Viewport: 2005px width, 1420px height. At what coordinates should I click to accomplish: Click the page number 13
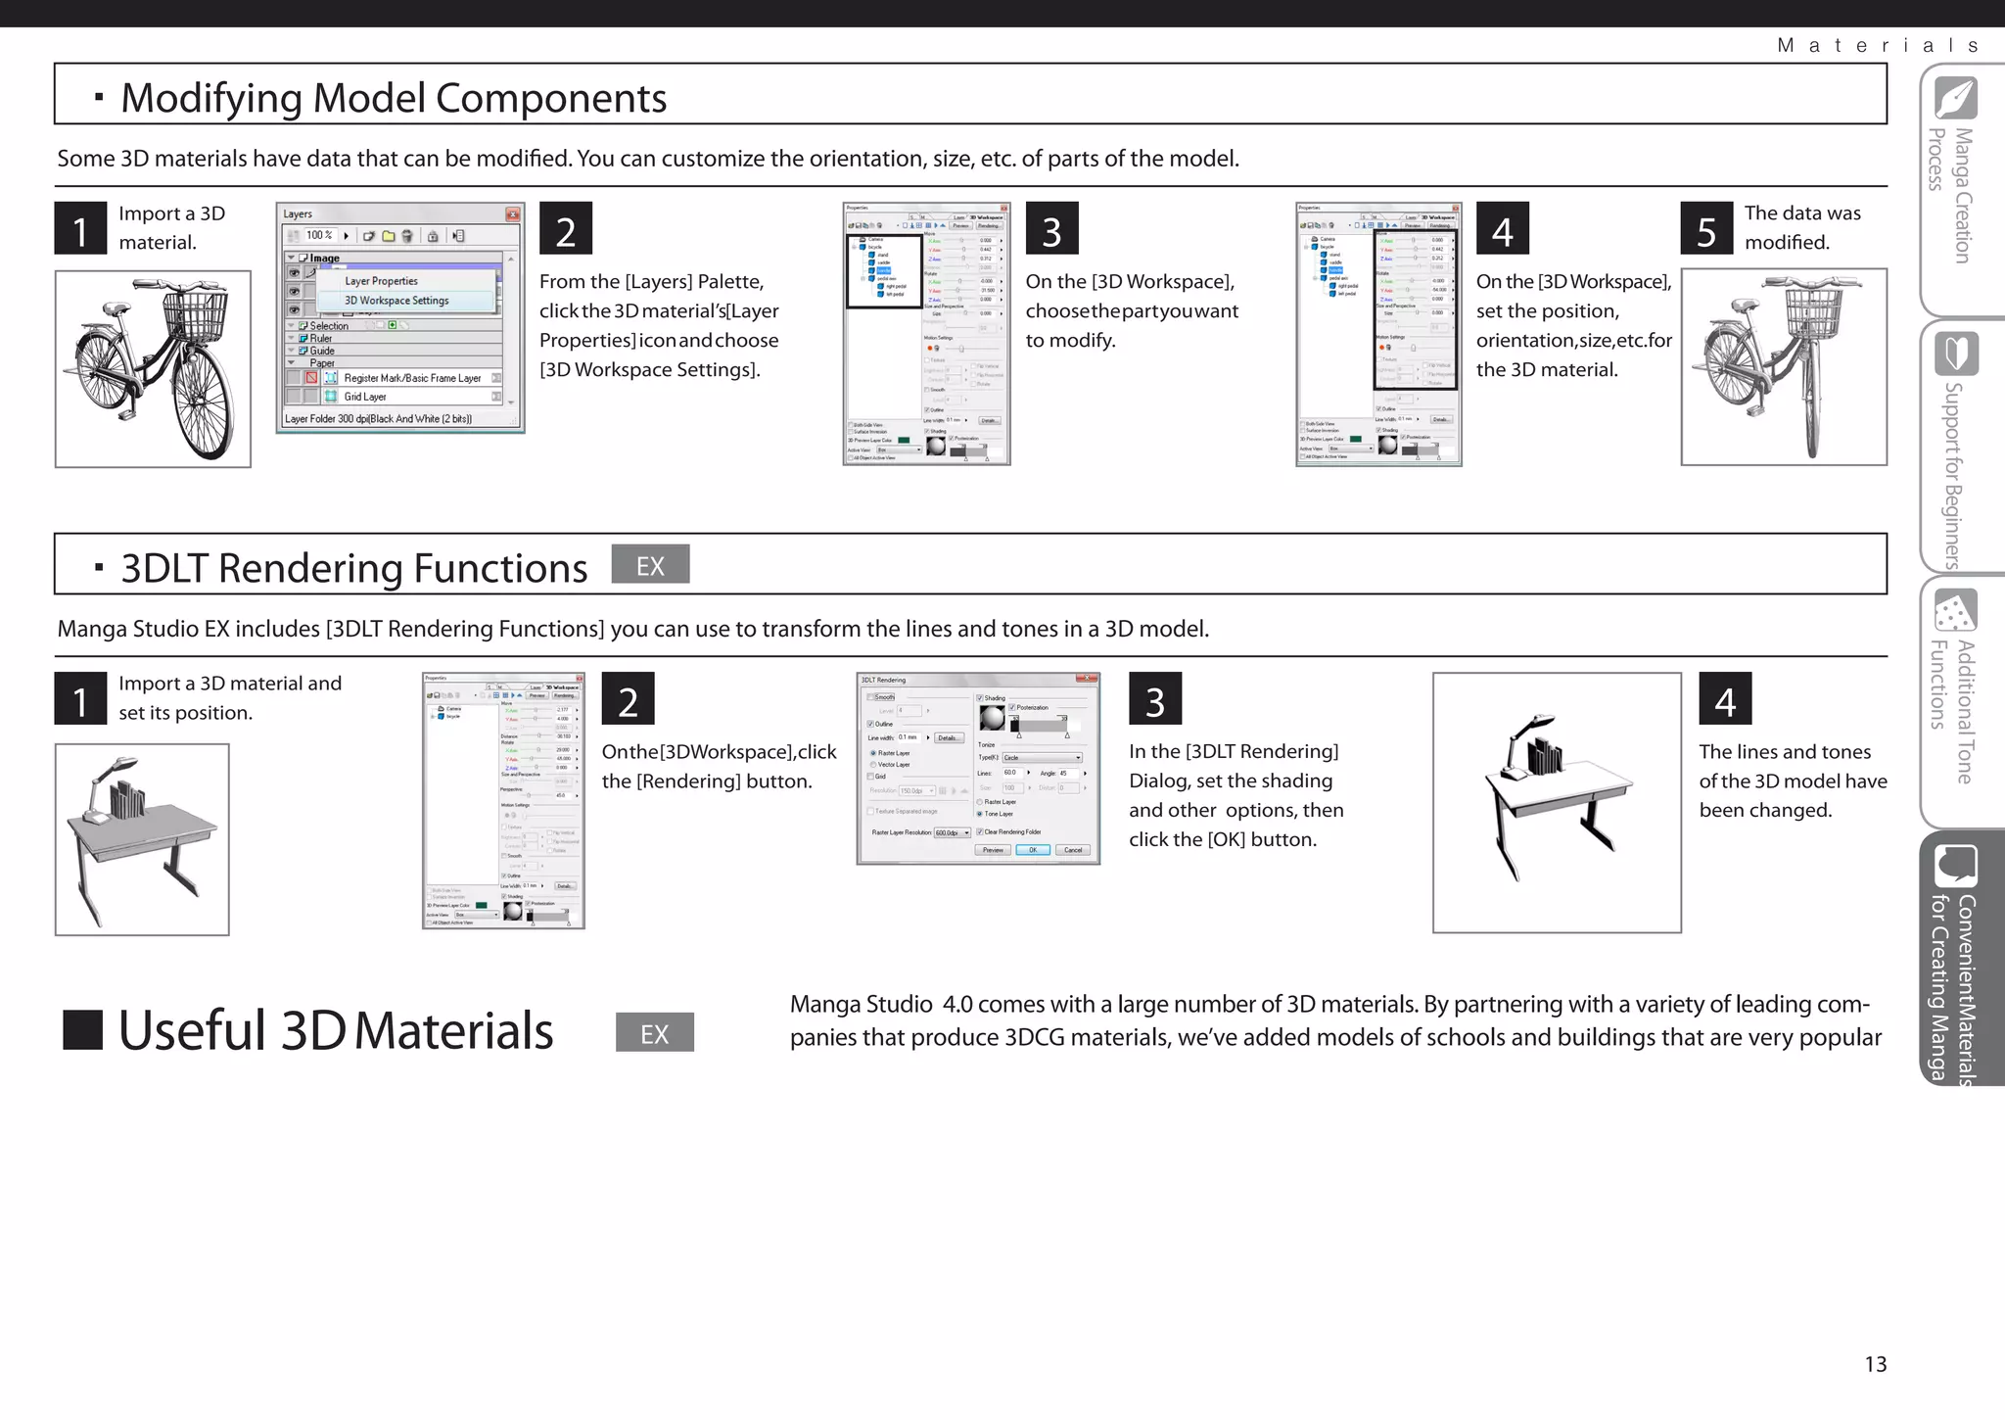click(x=1875, y=1364)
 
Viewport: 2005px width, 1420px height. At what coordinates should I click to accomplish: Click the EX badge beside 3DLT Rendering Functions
click(x=650, y=565)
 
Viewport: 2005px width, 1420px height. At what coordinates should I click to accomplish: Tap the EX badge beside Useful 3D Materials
click(x=654, y=1032)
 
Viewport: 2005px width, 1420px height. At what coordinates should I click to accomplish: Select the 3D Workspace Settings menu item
click(x=396, y=301)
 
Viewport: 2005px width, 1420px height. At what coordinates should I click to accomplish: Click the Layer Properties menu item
click(x=381, y=281)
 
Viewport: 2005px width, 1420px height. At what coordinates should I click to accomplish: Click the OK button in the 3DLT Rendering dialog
click(x=1032, y=850)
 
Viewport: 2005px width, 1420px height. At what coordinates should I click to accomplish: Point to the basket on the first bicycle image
click(x=194, y=314)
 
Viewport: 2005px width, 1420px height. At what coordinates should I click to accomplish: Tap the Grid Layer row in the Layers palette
click(x=365, y=397)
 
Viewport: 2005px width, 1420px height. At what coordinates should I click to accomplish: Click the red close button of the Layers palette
click(x=512, y=213)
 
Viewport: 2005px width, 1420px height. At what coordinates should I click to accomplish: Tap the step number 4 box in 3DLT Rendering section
click(x=1724, y=699)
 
